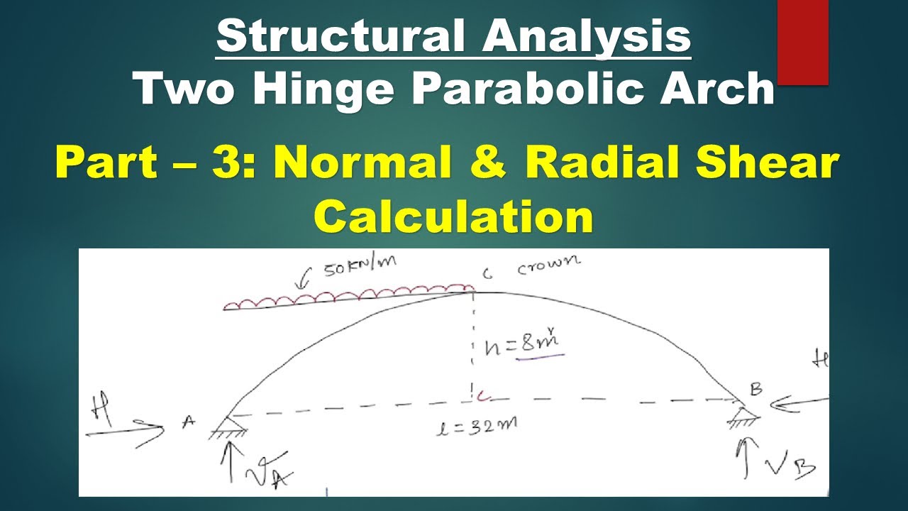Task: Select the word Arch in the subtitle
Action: pyautogui.click(x=716, y=89)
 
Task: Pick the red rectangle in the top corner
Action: pyautogui.click(x=803, y=42)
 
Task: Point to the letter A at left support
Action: pyautogui.click(x=189, y=422)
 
